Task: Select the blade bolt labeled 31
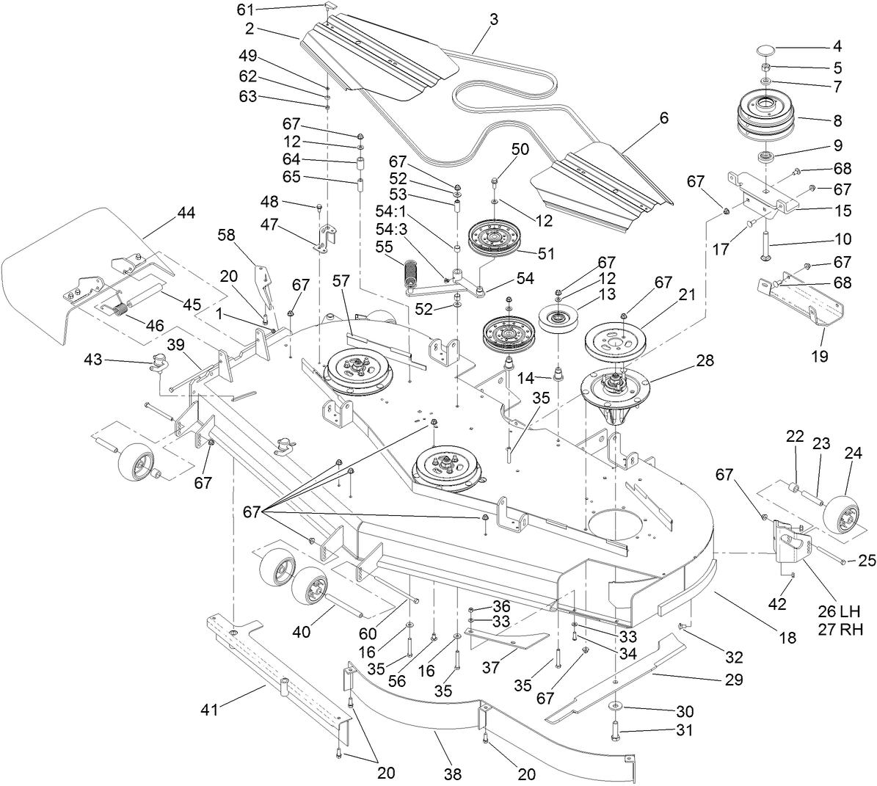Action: [614, 731]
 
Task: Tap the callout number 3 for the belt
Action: [493, 21]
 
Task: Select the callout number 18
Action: [787, 638]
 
